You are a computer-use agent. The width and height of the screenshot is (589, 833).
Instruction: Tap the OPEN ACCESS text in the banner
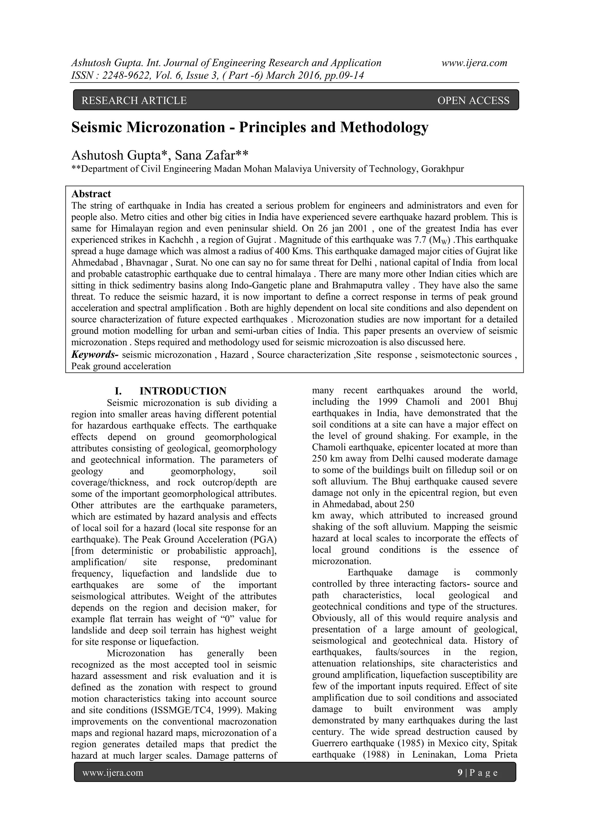[473, 100]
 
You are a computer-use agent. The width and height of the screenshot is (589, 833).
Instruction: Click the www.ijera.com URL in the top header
[474, 63]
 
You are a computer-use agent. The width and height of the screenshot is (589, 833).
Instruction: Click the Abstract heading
[91, 194]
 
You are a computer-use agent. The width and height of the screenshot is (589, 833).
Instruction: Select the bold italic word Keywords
[95, 354]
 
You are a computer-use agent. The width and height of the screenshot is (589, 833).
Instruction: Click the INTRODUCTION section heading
[183, 391]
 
